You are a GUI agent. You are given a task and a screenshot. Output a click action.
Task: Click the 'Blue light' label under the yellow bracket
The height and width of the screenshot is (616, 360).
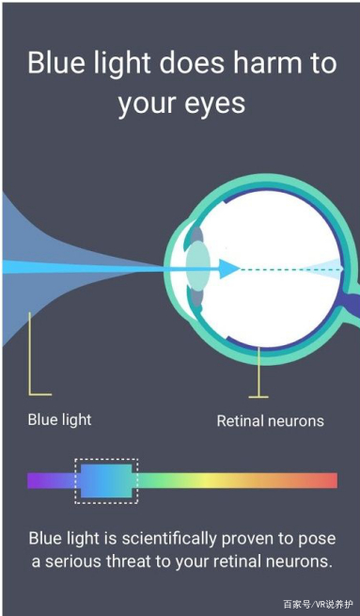pyautogui.click(x=59, y=419)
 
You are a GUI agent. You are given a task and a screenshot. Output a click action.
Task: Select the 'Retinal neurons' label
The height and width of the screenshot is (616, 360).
pyautogui.click(x=271, y=421)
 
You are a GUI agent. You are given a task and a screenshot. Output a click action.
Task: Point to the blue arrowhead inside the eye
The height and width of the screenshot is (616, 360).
pyautogui.click(x=228, y=269)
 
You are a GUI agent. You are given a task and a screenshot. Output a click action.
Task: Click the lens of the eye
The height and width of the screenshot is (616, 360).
pyautogui.click(x=197, y=266)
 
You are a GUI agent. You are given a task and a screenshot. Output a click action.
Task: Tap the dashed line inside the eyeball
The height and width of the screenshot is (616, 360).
pyautogui.click(x=290, y=270)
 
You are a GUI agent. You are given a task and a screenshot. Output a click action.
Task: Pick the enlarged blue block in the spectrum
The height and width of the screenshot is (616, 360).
pyautogui.click(x=106, y=481)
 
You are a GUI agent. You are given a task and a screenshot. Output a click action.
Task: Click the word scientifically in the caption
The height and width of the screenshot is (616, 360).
pyautogui.click(x=169, y=539)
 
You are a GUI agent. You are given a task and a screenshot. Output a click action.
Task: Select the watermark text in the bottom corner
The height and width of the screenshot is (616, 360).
pyautogui.click(x=318, y=604)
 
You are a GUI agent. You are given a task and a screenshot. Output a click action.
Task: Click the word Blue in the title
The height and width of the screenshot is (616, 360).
pyautogui.click(x=49, y=63)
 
